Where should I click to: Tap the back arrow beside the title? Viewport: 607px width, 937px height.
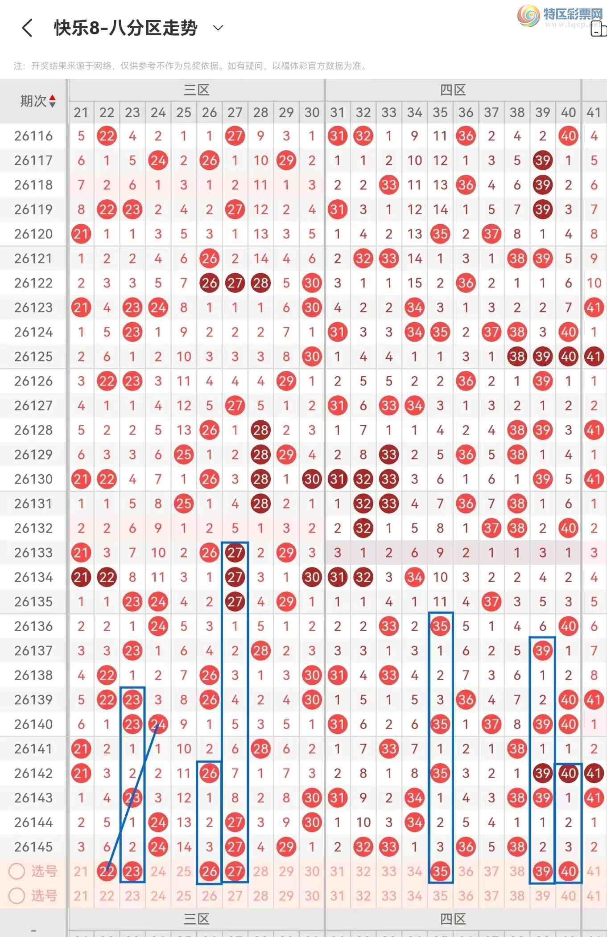point(27,28)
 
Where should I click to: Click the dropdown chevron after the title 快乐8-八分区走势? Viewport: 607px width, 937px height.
point(218,28)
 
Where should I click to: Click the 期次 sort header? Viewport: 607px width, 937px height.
point(37,101)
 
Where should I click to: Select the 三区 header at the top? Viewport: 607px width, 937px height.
point(197,90)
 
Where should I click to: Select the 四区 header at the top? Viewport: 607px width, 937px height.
point(453,90)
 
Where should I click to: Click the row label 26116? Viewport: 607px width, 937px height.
point(33,136)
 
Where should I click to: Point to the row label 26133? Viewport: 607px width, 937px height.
point(33,553)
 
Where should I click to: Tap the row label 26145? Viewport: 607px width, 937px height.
point(33,847)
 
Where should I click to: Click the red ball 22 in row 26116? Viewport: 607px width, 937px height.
point(107,136)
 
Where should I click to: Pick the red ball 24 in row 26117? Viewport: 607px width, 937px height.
point(158,160)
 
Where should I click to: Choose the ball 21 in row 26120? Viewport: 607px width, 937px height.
point(81,234)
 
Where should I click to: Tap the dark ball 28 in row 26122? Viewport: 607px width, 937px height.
point(260,283)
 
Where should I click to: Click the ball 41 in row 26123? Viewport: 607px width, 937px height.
point(594,308)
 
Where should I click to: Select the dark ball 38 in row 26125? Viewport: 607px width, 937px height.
point(517,357)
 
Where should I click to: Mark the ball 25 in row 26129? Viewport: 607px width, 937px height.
point(183,455)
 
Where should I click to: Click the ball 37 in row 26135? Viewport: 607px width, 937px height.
point(491,602)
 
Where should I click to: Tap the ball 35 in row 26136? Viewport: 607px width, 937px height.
point(440,626)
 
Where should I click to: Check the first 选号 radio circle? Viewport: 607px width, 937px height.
point(17,871)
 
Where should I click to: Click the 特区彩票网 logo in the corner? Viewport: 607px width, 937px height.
point(560,16)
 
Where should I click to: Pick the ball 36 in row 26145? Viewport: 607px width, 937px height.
point(466,847)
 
